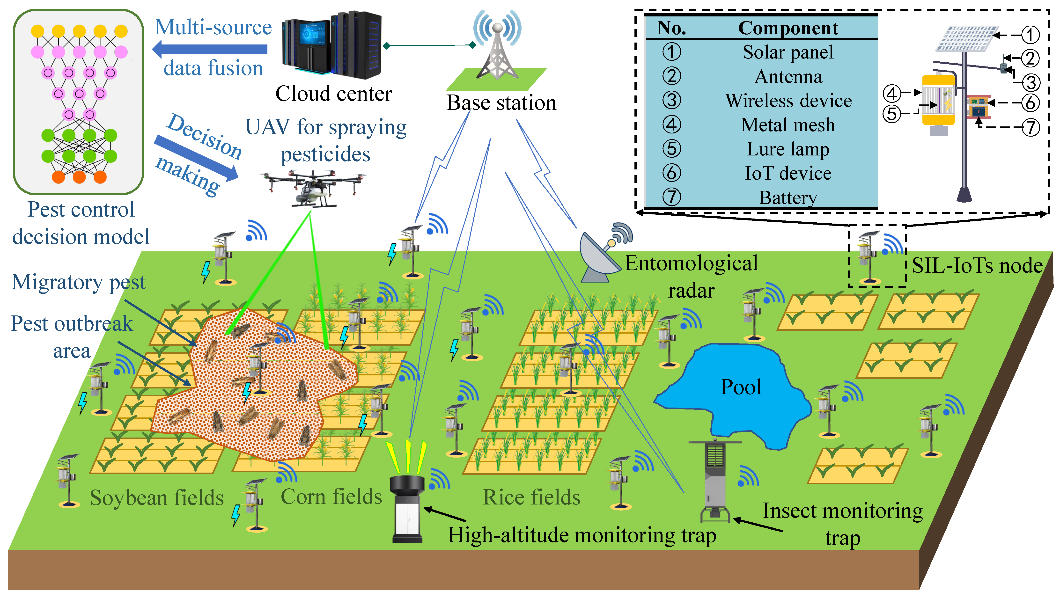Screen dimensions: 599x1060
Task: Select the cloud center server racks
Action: [x=332, y=45]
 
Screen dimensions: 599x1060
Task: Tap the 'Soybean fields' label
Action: [x=157, y=498]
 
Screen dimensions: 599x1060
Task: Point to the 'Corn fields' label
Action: [x=331, y=496]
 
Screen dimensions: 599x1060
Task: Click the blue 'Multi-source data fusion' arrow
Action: [x=210, y=49]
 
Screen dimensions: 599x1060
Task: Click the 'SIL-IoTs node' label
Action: [x=977, y=266]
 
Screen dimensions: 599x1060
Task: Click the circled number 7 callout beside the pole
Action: [x=1031, y=128]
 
